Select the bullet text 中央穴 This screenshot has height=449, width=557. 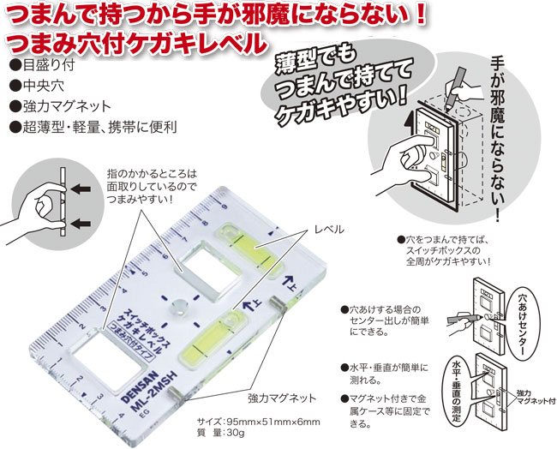tap(39, 86)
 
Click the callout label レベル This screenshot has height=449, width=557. tap(330, 230)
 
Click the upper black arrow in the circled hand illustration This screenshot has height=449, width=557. tap(80, 189)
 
